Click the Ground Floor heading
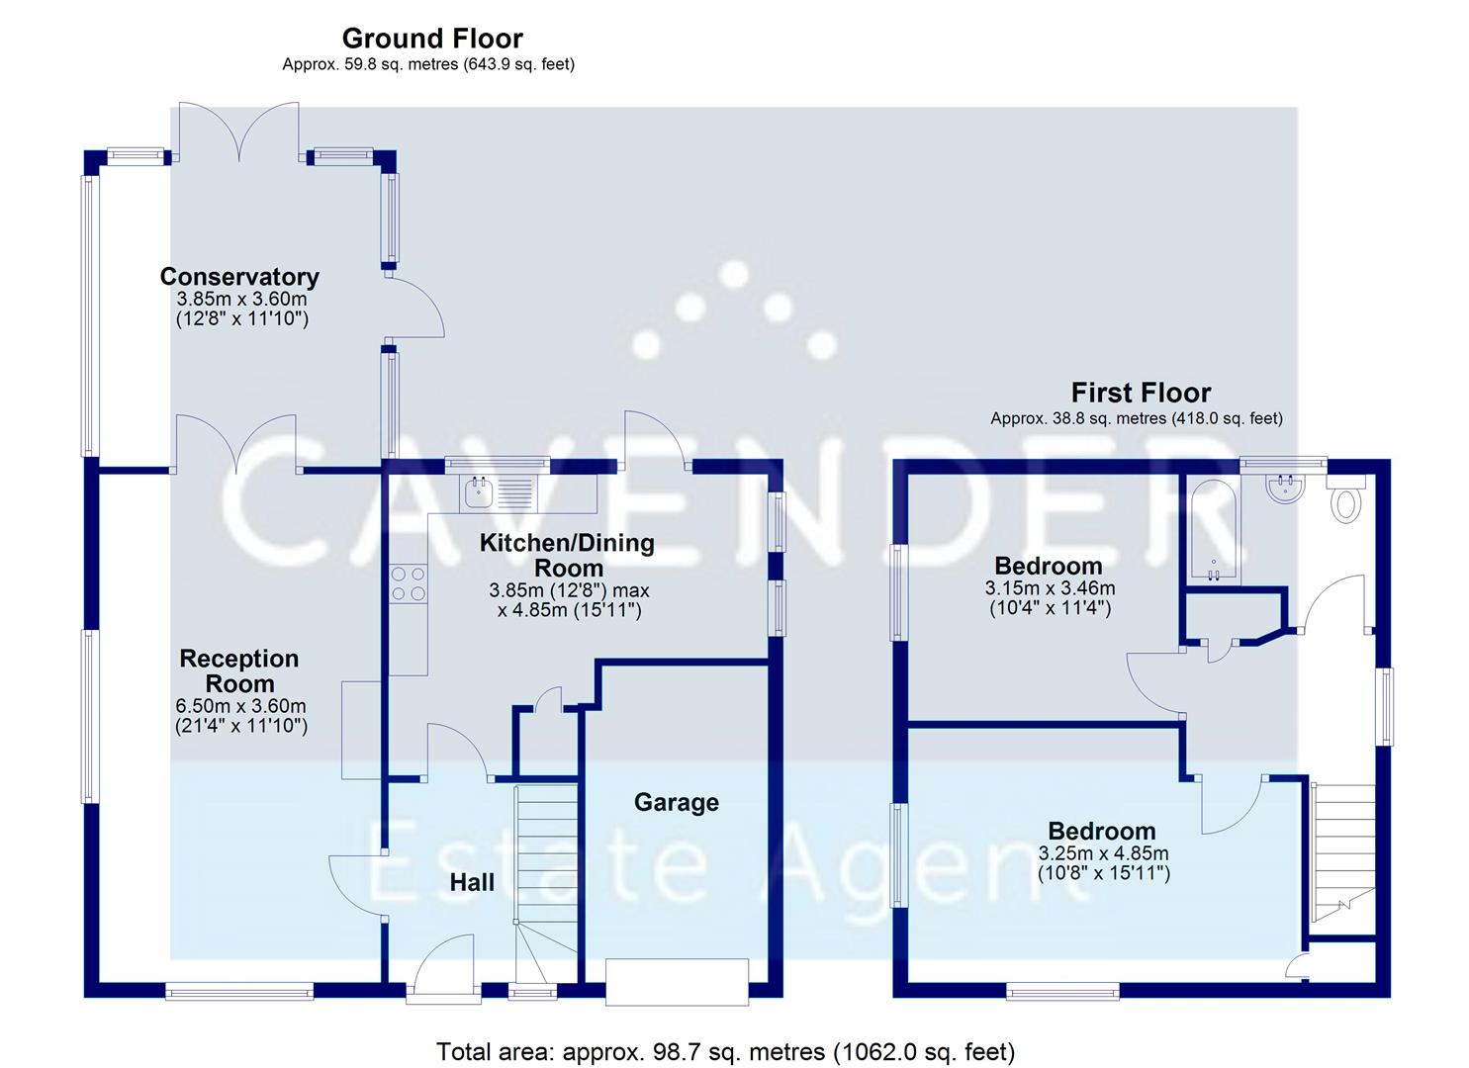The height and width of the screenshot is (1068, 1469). [432, 39]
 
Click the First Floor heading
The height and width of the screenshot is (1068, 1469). [1141, 393]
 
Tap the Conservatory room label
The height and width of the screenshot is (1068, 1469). [239, 277]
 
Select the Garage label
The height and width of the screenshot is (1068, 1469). [677, 802]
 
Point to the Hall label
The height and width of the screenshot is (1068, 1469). [472, 882]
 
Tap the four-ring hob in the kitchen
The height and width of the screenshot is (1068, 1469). [409, 582]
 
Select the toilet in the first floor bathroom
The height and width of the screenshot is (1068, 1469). [1345, 502]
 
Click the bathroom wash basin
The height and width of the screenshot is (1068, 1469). [1284, 488]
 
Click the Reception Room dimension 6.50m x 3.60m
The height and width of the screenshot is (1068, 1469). [241, 706]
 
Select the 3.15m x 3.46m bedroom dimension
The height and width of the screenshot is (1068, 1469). [1050, 588]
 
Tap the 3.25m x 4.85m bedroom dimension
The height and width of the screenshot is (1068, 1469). [1103, 853]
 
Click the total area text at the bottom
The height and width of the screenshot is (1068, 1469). [725, 1051]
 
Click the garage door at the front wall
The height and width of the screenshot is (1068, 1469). [678, 982]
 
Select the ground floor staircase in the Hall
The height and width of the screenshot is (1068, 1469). [545, 870]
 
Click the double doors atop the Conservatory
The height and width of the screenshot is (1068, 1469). [238, 133]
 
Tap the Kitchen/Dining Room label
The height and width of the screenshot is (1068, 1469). [567, 555]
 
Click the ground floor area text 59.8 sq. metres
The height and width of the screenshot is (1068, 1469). [428, 64]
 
